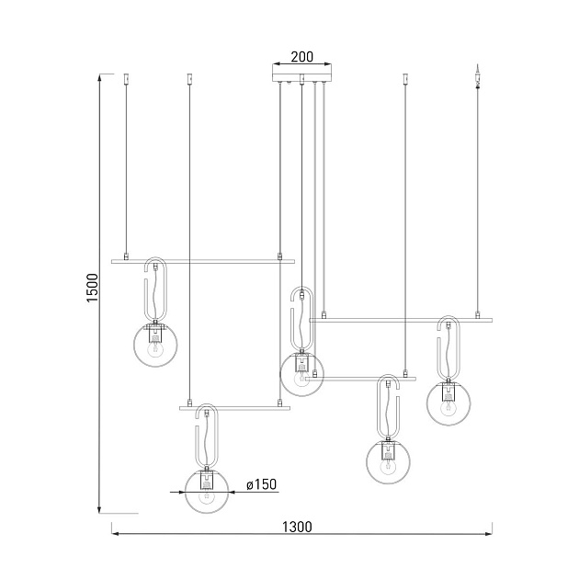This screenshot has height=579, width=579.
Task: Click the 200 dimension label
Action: [301, 57]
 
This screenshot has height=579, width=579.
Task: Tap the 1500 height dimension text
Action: [93, 288]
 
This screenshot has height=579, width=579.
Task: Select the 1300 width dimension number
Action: [297, 527]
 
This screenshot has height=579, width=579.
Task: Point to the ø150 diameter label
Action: [261, 484]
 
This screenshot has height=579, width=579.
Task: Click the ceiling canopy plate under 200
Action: [301, 77]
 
